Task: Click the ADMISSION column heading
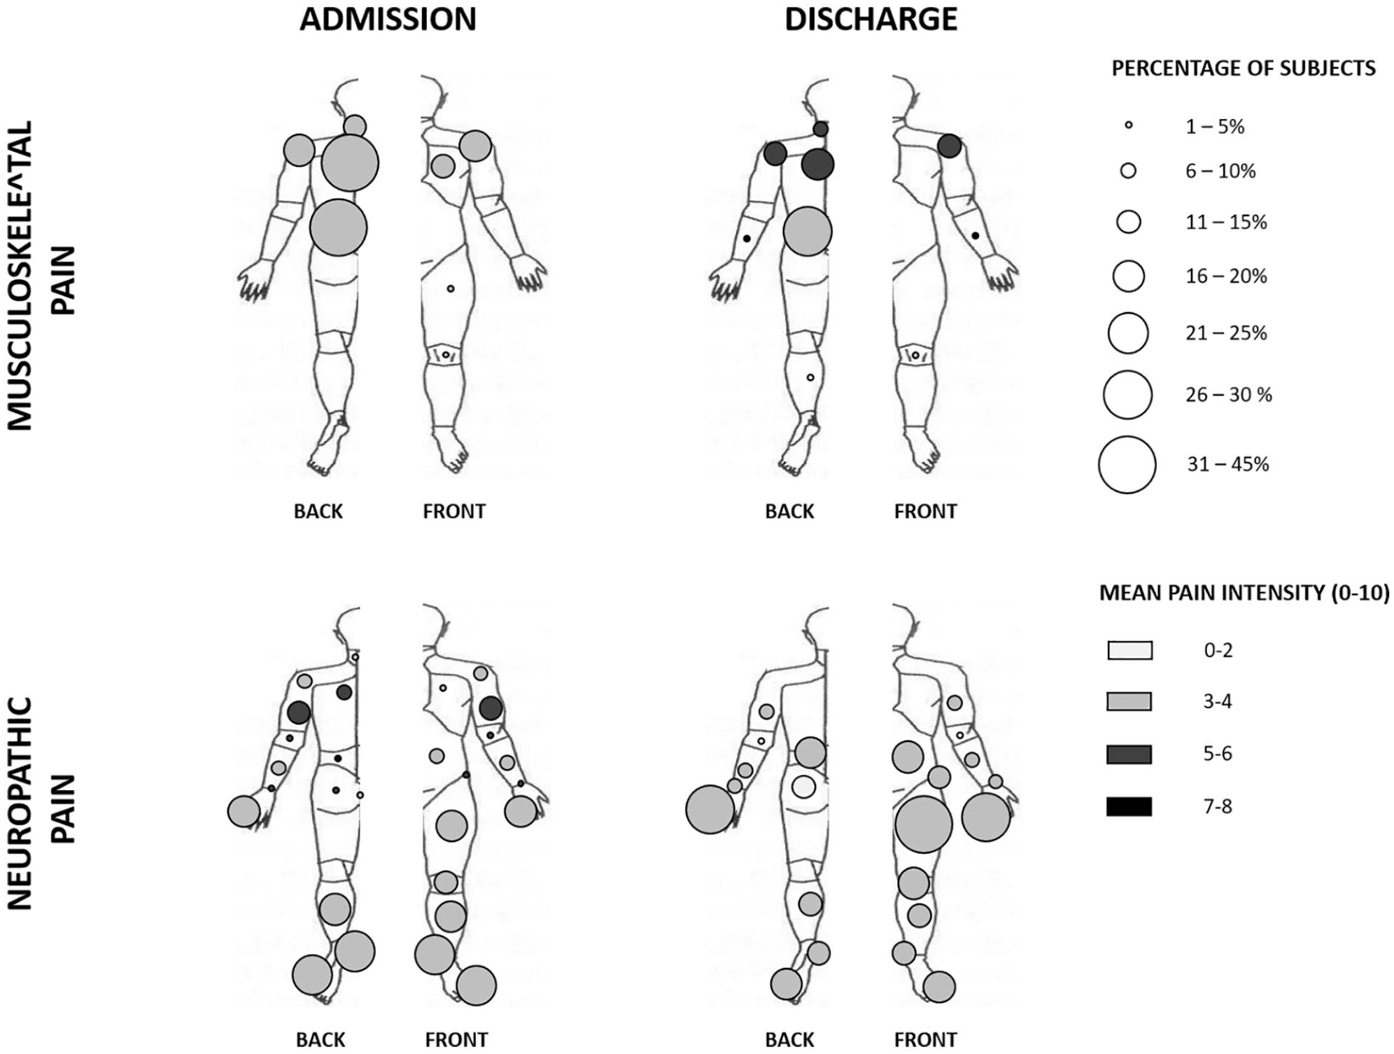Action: coord(388,20)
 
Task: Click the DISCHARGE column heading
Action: coord(871,20)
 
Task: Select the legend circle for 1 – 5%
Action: coord(1128,126)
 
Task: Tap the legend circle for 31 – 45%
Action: coord(1127,465)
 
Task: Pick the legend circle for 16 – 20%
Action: coord(1128,276)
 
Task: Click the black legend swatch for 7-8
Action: coord(1129,807)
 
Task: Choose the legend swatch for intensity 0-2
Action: coord(1129,650)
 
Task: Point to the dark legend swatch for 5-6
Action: coord(1129,754)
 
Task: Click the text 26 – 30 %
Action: coord(1228,395)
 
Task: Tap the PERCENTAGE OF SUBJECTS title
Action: coord(1244,69)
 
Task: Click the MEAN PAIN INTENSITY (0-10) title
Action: coord(1244,593)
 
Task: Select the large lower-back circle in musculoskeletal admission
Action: coord(338,227)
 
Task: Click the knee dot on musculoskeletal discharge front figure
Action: coord(915,356)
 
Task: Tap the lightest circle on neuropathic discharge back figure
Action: coord(804,787)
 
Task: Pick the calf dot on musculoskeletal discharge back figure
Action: coord(810,378)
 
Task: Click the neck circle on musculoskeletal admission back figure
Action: coord(355,126)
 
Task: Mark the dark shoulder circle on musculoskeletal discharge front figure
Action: coord(950,146)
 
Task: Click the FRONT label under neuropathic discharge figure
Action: coord(925,1040)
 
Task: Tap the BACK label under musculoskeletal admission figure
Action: coord(318,512)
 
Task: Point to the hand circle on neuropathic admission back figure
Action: coord(244,811)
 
